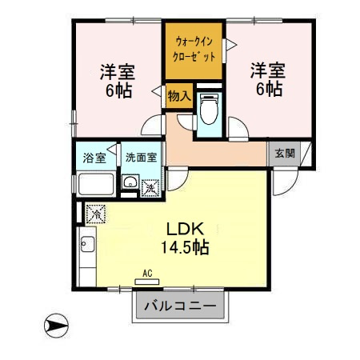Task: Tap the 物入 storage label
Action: click(x=179, y=95)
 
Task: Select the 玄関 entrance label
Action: click(x=284, y=154)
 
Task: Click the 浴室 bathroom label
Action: click(x=95, y=158)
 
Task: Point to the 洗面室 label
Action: click(x=141, y=158)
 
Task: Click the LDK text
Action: click(x=185, y=226)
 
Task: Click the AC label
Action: click(x=147, y=273)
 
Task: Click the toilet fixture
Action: click(x=209, y=109)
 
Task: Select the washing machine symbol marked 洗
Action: click(x=150, y=187)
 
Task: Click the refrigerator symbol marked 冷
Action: click(x=95, y=214)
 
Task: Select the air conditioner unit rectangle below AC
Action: click(x=147, y=281)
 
